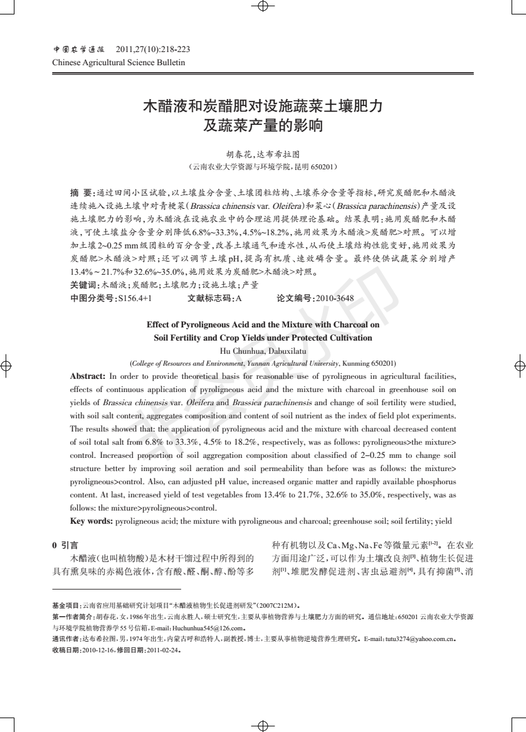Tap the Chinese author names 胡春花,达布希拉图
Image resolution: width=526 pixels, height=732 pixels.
tap(263, 154)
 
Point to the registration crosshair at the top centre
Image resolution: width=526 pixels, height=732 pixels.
tap(263, 7)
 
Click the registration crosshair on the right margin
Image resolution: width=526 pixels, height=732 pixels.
tap(518, 364)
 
